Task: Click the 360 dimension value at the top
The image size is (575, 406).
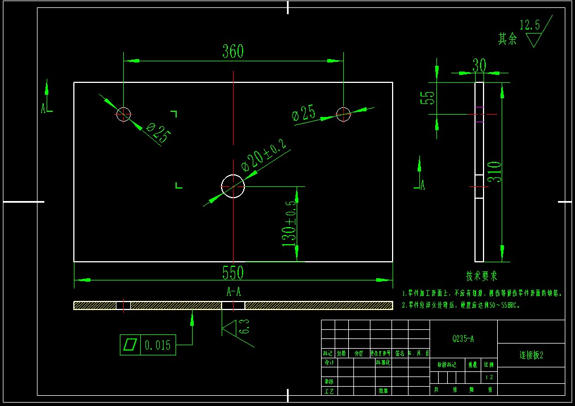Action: coord(233,52)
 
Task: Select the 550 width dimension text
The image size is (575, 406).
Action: coord(233,273)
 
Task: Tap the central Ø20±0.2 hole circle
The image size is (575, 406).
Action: coord(232,186)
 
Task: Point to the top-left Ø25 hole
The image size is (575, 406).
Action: coord(123,114)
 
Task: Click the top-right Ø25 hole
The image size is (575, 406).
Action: coord(343,114)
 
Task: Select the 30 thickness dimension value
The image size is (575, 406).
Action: coord(480,66)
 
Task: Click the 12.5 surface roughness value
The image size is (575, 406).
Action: coord(530,25)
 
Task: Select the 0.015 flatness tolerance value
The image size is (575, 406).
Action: coord(157,345)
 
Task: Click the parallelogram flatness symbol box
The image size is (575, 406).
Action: coord(130,345)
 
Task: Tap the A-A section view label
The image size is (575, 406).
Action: coord(234,292)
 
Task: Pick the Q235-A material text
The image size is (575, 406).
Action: coord(463,339)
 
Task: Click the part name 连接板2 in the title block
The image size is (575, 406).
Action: coord(531,355)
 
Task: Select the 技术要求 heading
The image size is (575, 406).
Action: coord(481,276)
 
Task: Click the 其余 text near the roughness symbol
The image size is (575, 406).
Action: coord(507,39)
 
